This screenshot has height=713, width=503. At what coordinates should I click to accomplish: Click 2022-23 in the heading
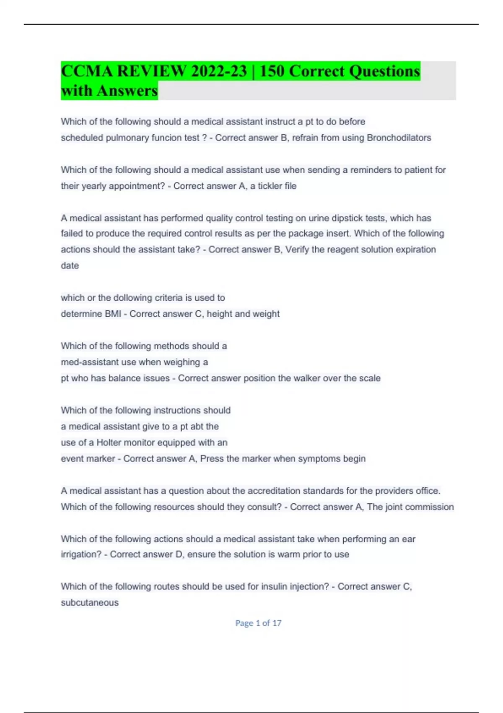click(x=218, y=71)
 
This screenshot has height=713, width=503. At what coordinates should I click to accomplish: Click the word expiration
click(x=414, y=250)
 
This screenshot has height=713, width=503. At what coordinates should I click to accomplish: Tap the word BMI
click(x=111, y=314)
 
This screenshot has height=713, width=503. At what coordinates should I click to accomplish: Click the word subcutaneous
click(x=90, y=603)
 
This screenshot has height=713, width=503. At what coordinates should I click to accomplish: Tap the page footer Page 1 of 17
click(x=258, y=623)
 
